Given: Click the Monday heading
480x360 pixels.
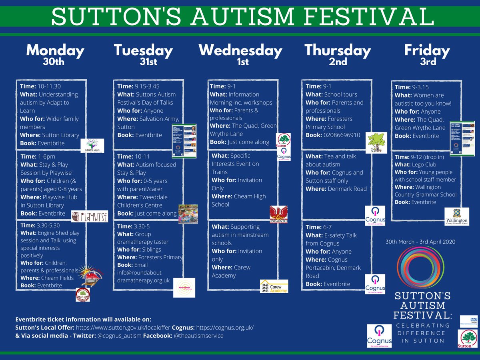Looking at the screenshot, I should pos(55,51).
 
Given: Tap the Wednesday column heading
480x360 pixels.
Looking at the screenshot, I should pos(240,51).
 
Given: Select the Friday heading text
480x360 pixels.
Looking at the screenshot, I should pos(427,51).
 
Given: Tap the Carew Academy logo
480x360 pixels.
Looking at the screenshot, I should pos(274,286).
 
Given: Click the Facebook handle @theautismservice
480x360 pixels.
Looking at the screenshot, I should pos(198,336).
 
